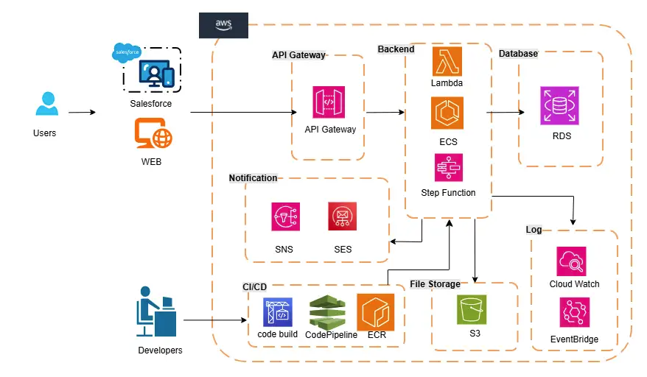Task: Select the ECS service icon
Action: [447, 113]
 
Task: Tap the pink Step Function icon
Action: [447, 167]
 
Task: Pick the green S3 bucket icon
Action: [472, 309]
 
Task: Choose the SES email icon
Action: [343, 217]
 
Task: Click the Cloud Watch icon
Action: [572, 261]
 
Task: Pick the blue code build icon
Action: [278, 311]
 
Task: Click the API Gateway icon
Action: [328, 102]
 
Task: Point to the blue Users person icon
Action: [46, 105]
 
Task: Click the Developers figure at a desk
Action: [156, 311]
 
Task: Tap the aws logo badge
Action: [223, 24]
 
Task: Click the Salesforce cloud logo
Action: [126, 53]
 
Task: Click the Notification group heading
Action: [253, 178]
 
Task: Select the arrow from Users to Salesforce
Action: [82, 113]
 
